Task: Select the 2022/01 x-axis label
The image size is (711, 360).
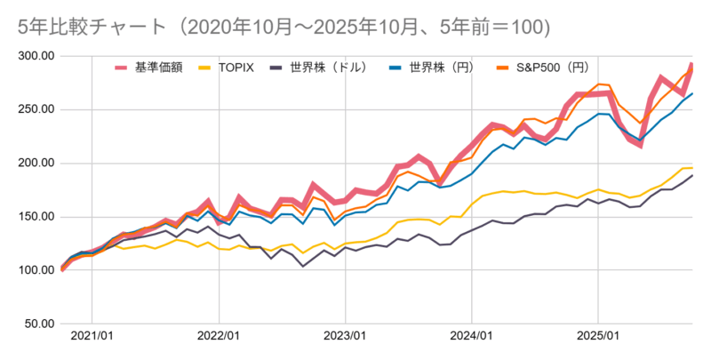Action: (218, 339)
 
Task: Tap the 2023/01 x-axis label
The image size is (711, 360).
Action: (344, 339)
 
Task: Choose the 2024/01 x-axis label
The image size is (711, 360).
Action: (471, 339)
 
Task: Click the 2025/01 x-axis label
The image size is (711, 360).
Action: (597, 339)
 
